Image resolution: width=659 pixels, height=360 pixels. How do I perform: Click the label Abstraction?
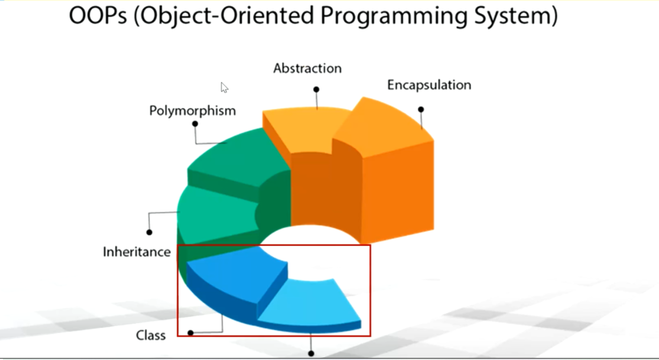307,68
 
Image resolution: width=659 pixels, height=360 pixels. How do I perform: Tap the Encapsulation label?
429,85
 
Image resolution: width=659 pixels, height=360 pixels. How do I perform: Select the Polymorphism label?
193,111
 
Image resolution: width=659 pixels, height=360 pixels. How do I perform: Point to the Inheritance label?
136,252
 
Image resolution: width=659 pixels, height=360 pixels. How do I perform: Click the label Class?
151,336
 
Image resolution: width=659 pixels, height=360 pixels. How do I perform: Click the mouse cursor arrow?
224,87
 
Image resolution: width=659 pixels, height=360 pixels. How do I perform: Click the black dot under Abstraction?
316,90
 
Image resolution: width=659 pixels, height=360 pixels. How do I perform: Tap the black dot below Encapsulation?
421,109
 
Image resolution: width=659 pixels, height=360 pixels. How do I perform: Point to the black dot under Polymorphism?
195,123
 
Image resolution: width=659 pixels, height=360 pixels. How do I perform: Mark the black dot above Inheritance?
149,232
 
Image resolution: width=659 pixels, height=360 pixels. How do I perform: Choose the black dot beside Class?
190,333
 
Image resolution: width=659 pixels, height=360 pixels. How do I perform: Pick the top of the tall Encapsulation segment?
385,124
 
